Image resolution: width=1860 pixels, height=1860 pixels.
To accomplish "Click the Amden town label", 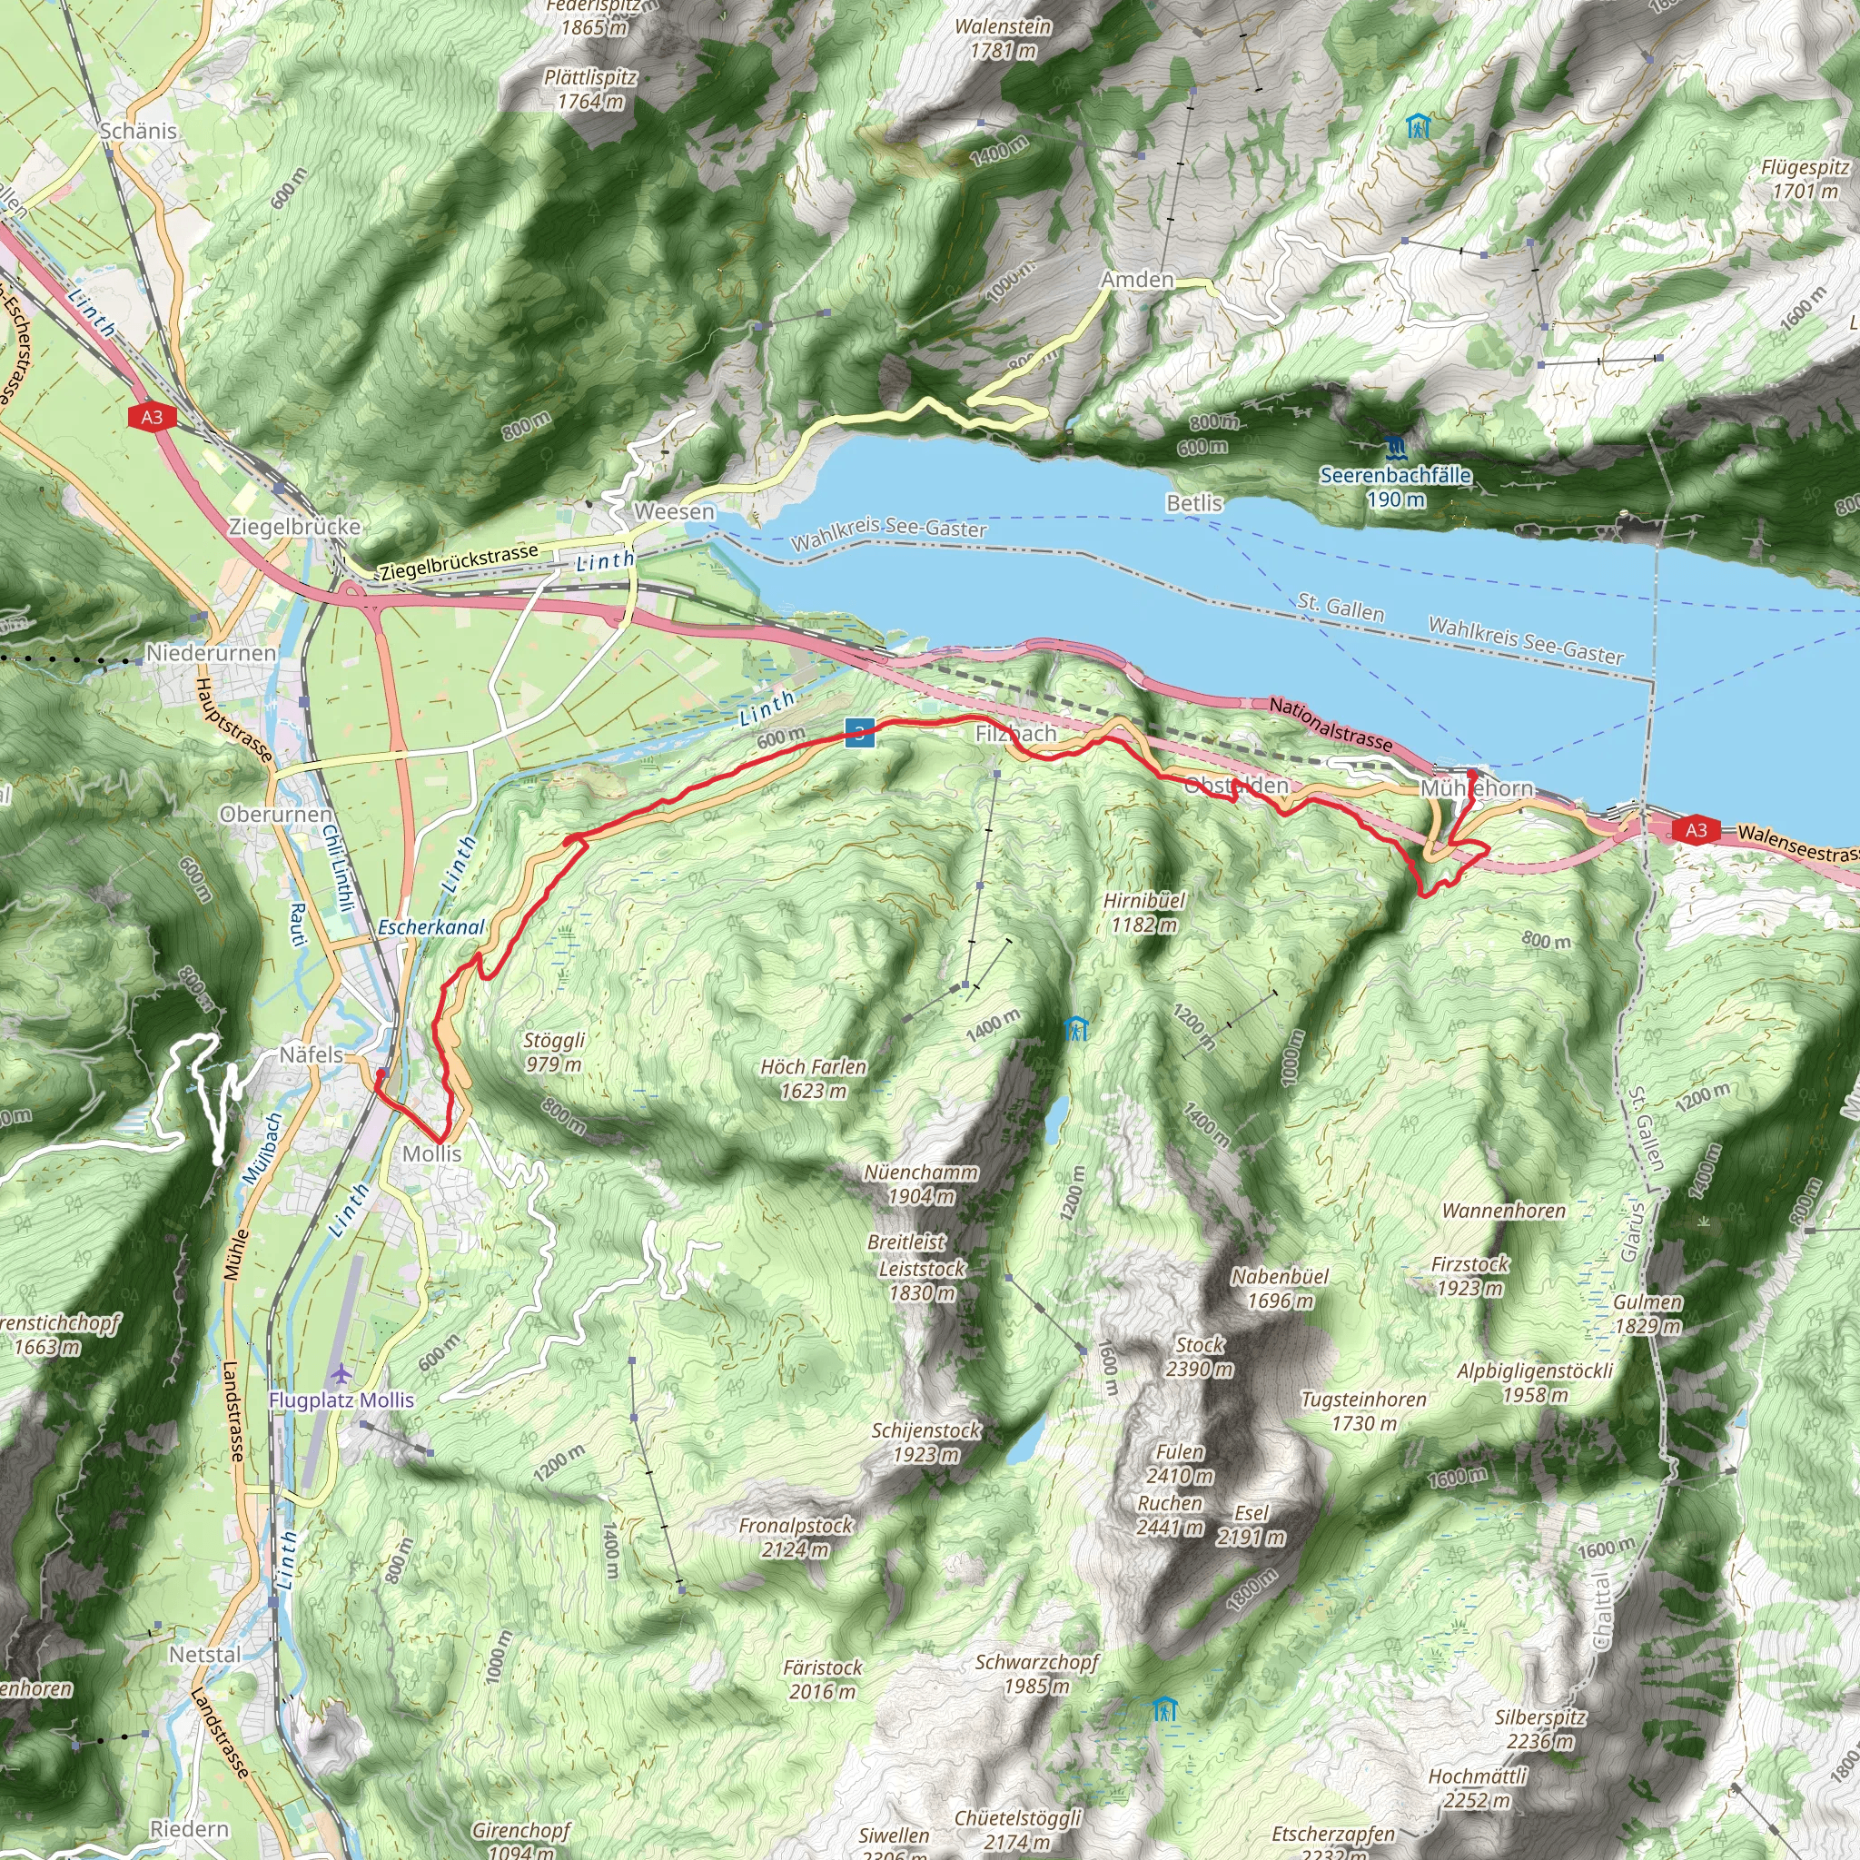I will point(1137,280).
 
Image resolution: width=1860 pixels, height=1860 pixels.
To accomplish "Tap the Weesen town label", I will point(674,512).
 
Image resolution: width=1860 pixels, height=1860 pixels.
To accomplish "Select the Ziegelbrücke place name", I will point(294,527).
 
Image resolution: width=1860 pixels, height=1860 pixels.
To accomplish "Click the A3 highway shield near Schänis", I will point(152,417).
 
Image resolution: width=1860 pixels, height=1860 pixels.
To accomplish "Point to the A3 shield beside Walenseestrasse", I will point(1697,830).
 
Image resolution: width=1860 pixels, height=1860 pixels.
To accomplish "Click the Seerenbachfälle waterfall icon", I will point(1395,447).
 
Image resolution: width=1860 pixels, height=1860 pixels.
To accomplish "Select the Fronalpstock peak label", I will point(796,1538).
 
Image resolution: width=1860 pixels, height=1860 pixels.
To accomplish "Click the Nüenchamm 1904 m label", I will point(920,1184).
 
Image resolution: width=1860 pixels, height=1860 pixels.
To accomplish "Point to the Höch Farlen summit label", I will point(814,1078).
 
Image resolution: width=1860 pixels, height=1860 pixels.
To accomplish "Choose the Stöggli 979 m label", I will point(554,1052).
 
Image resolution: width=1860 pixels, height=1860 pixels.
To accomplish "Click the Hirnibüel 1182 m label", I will point(1143,912).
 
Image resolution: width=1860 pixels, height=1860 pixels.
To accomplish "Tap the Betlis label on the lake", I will point(1193,503).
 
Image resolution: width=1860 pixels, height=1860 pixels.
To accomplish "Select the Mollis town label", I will point(431,1153).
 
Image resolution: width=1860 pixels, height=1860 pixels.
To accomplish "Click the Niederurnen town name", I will point(211,653).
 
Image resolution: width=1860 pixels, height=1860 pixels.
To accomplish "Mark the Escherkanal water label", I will point(431,927).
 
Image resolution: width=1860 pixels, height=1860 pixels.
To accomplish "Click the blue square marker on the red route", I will point(860,734).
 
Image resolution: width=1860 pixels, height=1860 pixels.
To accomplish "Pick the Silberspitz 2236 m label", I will point(1539,1729).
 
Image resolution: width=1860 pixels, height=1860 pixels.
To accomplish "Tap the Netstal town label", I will point(205,1654).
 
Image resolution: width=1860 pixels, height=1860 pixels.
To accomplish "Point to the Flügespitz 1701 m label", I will point(1806,179).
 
